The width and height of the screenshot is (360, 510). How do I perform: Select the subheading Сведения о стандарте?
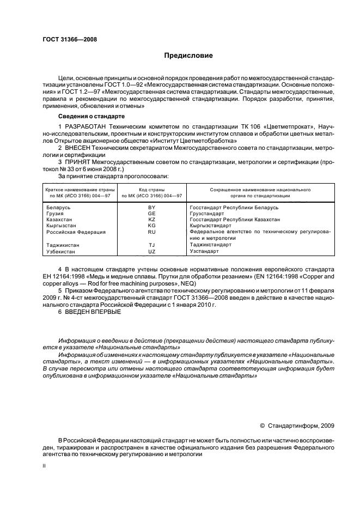point(91,117)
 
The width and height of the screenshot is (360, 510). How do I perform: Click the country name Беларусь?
point(58,208)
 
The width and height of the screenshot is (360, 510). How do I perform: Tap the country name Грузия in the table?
point(55,214)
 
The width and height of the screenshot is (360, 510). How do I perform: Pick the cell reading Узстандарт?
point(204,251)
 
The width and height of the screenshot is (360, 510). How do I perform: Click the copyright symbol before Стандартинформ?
point(263,426)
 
